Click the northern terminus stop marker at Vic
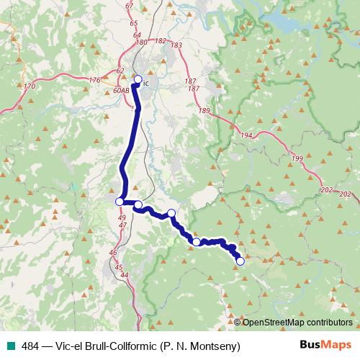(x=138, y=80)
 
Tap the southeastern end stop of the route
(x=240, y=261)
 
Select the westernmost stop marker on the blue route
(x=120, y=201)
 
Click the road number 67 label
(x=130, y=6)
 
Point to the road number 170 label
(x=30, y=87)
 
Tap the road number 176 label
(x=95, y=80)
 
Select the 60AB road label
(x=121, y=91)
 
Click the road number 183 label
(x=176, y=45)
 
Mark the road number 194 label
(x=247, y=135)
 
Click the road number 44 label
(x=125, y=275)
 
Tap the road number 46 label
(x=113, y=253)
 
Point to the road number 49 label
(x=121, y=217)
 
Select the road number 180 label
(x=141, y=42)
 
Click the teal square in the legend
(x=7, y=346)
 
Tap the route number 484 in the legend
(x=30, y=346)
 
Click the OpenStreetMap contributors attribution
(x=297, y=322)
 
